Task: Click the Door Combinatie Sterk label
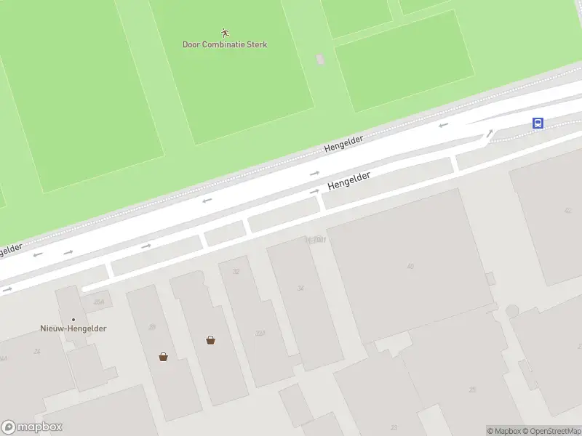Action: (x=225, y=44)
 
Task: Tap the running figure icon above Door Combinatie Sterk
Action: (x=225, y=32)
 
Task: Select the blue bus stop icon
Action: (x=538, y=123)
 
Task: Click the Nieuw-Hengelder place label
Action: (x=73, y=328)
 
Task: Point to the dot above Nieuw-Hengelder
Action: (x=73, y=319)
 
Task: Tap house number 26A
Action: (x=98, y=302)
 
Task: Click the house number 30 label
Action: (x=152, y=327)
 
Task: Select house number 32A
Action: (x=259, y=334)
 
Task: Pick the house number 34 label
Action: (x=300, y=288)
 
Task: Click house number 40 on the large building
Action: (x=410, y=266)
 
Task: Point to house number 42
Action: (x=567, y=211)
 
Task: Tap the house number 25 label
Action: (x=472, y=390)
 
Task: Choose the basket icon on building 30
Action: (x=163, y=356)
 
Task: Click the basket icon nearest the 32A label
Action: (x=210, y=339)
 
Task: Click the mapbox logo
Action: (x=32, y=427)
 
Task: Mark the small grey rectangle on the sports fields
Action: (x=320, y=59)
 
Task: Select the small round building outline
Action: (x=512, y=311)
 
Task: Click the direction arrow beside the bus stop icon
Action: (x=490, y=133)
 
